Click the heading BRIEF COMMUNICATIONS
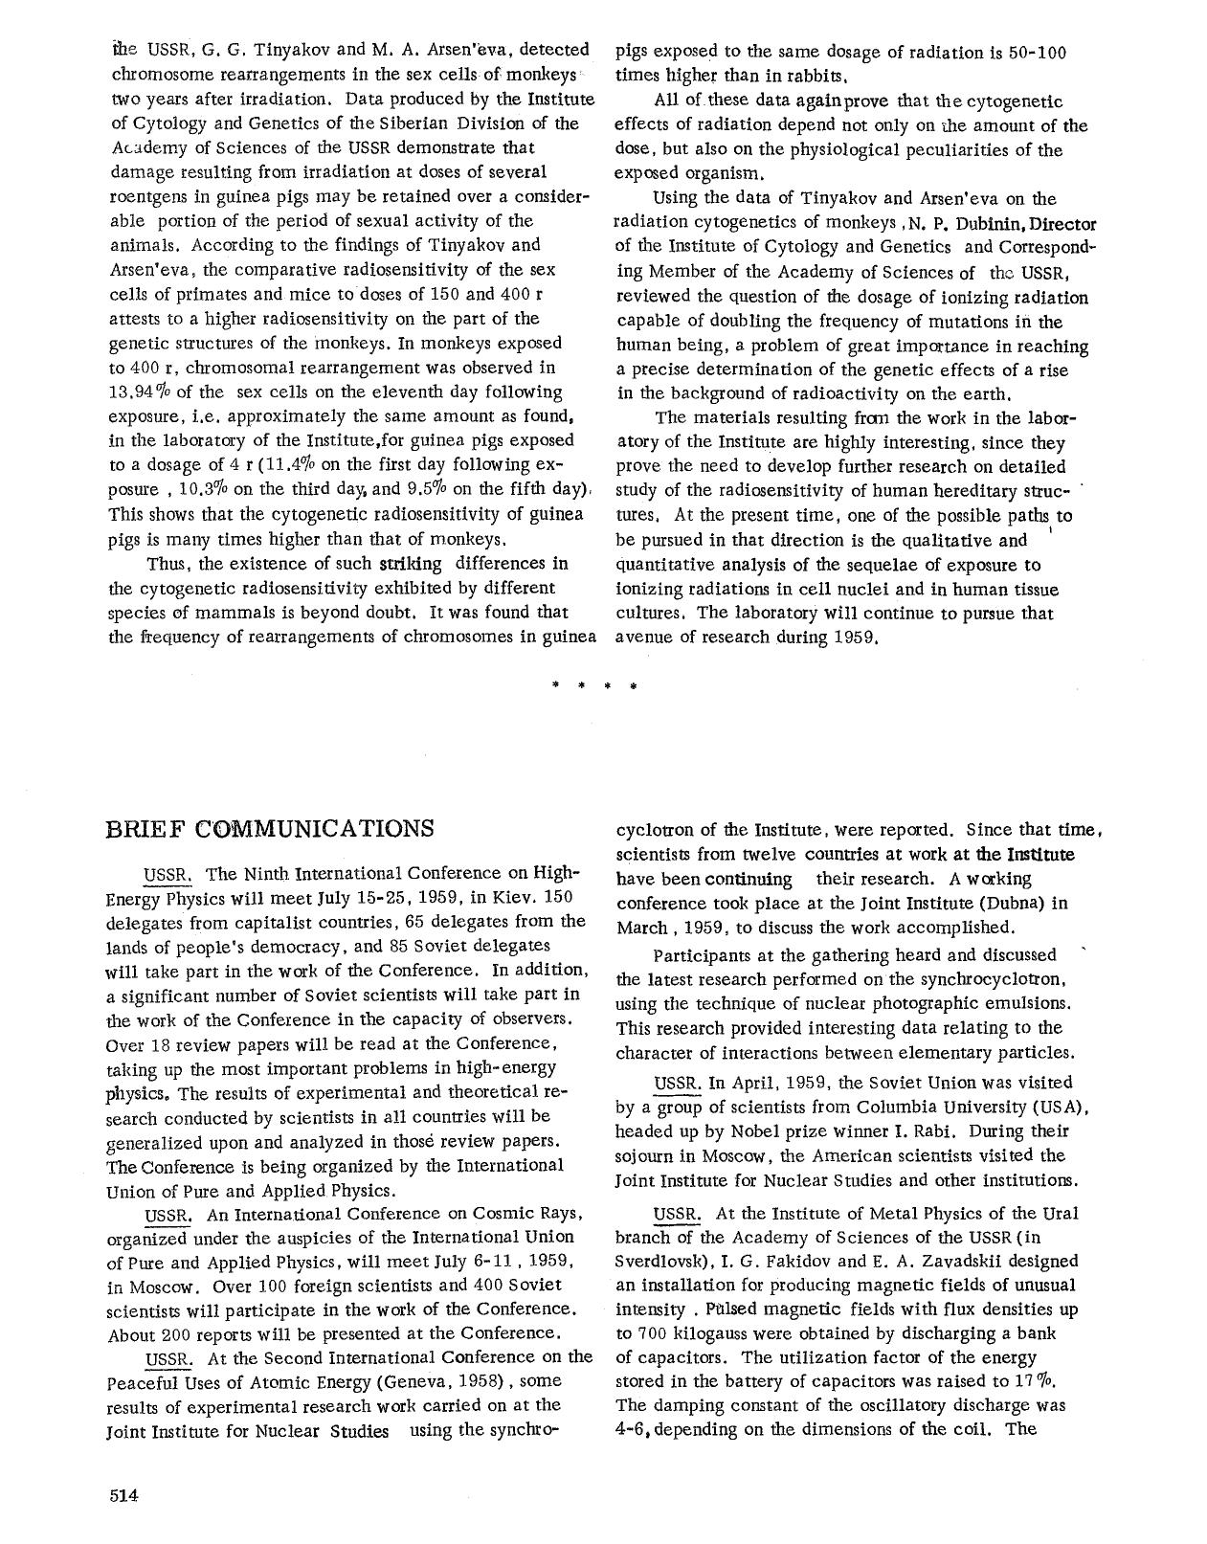269,828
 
